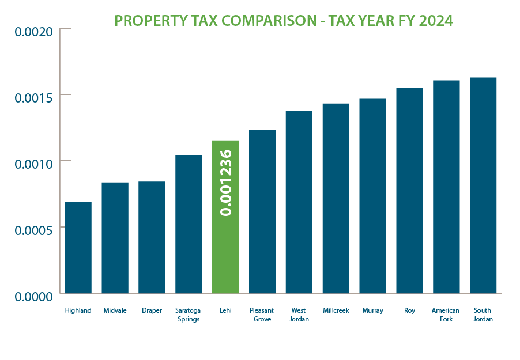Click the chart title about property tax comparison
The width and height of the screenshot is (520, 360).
(284, 21)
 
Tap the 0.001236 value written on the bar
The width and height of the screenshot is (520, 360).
(226, 183)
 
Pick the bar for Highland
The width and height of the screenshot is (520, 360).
(78, 248)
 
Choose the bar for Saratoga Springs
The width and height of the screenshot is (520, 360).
(189, 224)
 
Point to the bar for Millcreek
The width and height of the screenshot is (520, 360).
(336, 198)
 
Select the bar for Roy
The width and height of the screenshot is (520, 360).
(409, 191)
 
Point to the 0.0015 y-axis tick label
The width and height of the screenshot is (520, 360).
(33, 96)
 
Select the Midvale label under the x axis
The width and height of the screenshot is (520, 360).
(115, 310)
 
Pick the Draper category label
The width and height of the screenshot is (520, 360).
(152, 310)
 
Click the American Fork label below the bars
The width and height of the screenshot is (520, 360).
(446, 314)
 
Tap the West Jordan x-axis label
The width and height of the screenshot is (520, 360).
(299, 314)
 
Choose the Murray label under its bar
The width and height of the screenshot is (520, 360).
(372, 310)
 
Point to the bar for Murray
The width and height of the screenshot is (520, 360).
(372, 196)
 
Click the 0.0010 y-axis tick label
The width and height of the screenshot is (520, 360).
(33, 162)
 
